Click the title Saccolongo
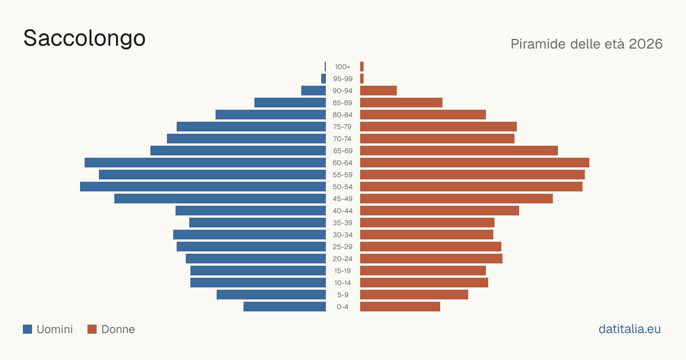pos(84,39)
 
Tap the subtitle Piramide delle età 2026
pos(587,44)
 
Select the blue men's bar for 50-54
pos(203,187)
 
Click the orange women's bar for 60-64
pos(474,162)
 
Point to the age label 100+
pos(342,67)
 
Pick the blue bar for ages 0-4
pos(285,307)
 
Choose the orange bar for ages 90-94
pos(378,91)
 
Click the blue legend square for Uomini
pos(27,329)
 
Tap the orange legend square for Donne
pos(92,329)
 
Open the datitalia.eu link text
pos(629,329)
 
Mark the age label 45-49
pos(342,199)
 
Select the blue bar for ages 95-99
pos(324,79)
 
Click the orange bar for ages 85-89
pos(401,102)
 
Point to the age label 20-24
pos(342,259)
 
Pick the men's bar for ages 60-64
pos(205,162)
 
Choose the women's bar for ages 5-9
pos(414,295)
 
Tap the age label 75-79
pos(342,127)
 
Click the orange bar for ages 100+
pos(362,67)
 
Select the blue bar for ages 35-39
pos(258,222)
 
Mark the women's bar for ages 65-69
pos(459,151)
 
